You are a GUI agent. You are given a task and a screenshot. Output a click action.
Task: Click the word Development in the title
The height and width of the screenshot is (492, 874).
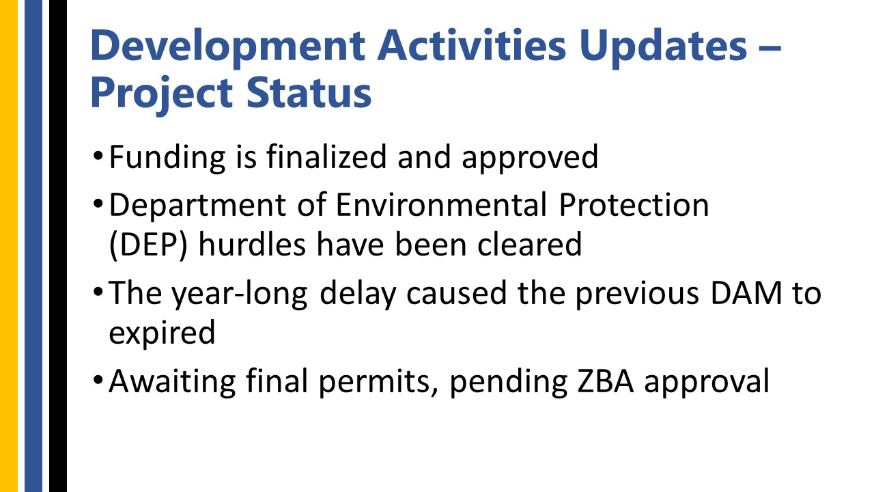pos(228,47)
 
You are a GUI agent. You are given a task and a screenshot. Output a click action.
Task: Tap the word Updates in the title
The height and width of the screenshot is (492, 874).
pos(663,47)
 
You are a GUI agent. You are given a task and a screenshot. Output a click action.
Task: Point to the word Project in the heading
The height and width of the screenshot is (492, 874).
pos(162,94)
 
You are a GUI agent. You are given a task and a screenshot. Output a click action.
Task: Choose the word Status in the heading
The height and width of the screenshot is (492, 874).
pos(309,92)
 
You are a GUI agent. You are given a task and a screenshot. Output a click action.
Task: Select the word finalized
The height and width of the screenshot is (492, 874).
pos(326,156)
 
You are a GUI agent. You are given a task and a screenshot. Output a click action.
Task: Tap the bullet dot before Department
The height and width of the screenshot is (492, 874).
pos(98,204)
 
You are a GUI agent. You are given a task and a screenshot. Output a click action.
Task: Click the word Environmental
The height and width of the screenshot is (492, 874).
pos(441,204)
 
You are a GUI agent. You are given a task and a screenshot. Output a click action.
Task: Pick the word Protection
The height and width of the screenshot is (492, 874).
pos(634,204)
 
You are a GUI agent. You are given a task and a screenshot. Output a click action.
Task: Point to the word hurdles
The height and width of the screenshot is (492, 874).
pos(252,245)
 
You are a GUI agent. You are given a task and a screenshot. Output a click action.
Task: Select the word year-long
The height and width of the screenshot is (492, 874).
pos(240,294)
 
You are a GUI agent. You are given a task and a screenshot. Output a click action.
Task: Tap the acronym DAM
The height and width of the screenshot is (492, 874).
pos(746,293)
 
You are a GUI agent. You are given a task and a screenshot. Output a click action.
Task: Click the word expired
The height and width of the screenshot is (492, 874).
pos(162,333)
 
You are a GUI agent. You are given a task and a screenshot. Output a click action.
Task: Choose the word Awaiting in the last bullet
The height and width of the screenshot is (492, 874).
pos(173,381)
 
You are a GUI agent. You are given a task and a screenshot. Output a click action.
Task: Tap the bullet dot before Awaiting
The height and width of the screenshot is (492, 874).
pos(98,379)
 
